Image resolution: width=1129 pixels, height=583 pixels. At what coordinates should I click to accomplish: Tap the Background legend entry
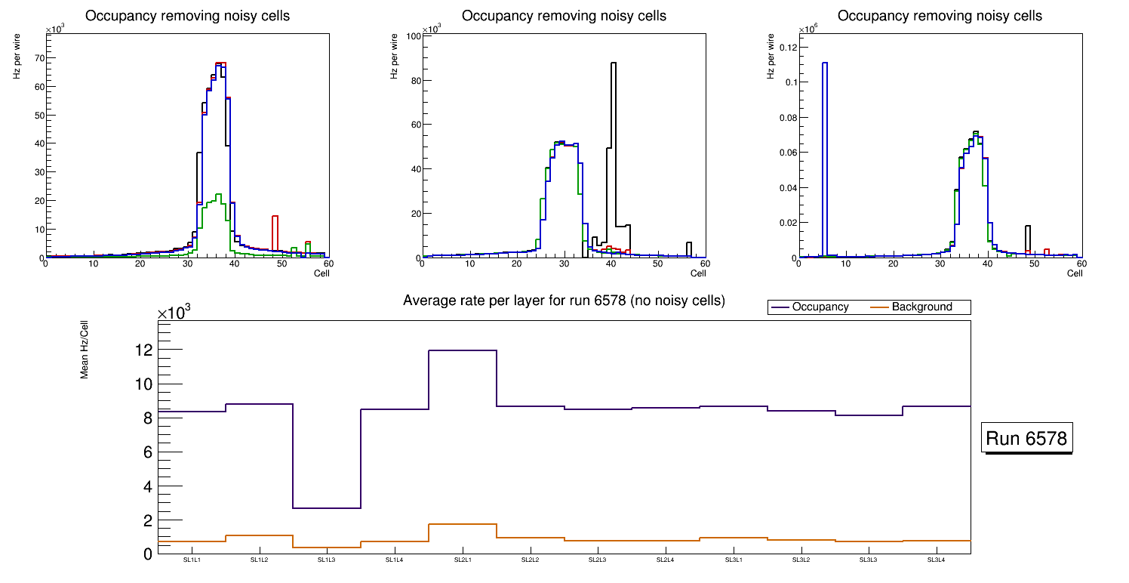(x=921, y=307)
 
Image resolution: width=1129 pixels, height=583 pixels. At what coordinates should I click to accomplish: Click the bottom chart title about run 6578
(x=564, y=301)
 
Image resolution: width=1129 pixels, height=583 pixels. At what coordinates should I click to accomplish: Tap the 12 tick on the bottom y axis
(x=143, y=350)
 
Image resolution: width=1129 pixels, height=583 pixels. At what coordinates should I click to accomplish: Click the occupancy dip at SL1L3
(x=327, y=508)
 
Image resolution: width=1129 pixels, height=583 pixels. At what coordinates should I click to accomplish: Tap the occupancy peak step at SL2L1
(x=462, y=350)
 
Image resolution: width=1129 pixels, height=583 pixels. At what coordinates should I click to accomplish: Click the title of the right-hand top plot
(x=940, y=16)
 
